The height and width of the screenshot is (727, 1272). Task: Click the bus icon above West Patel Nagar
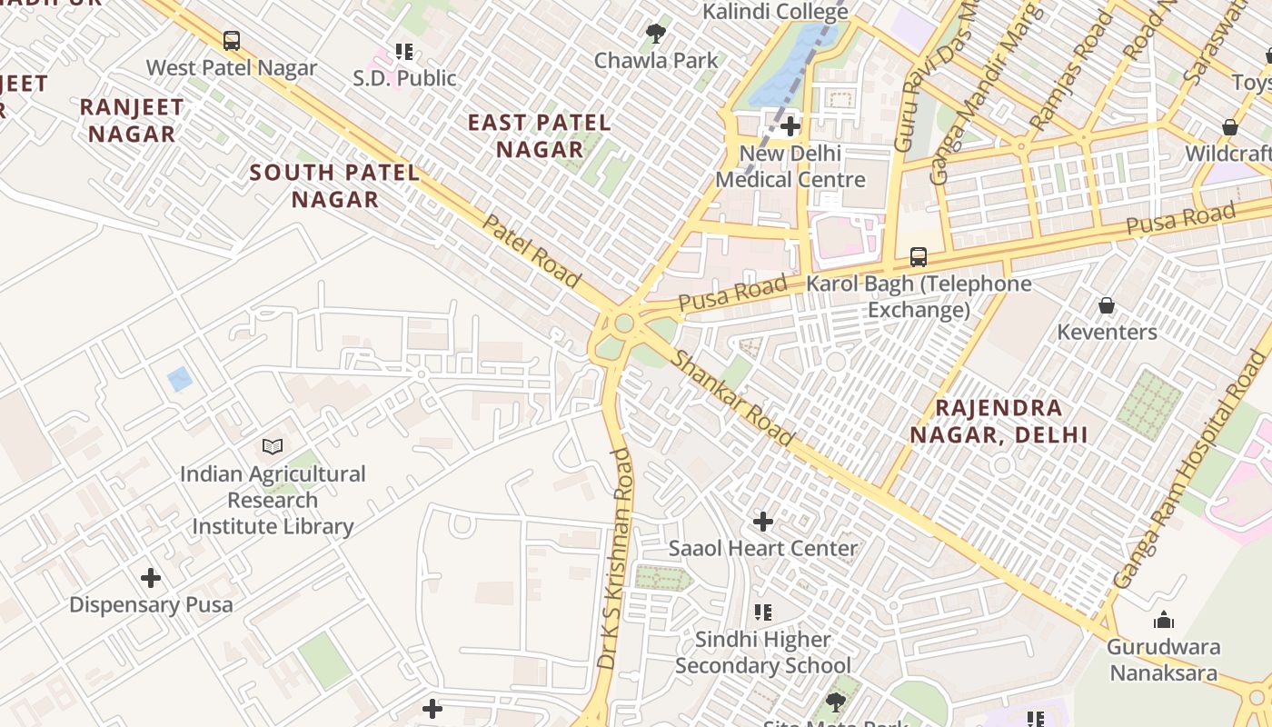click(x=232, y=41)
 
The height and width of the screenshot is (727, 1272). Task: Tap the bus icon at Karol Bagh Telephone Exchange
click(x=919, y=257)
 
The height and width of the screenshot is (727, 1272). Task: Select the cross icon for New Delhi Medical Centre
click(x=790, y=126)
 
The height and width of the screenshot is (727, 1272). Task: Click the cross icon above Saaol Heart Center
click(x=763, y=522)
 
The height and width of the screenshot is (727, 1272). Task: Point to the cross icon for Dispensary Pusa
click(x=151, y=578)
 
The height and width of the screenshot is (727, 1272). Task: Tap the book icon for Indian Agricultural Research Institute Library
click(x=273, y=446)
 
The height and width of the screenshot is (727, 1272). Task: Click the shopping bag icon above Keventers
click(x=1107, y=305)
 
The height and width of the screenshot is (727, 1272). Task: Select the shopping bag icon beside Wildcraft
click(x=1230, y=127)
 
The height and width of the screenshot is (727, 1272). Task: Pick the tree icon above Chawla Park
click(x=655, y=35)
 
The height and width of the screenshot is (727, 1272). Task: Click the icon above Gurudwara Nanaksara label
click(x=1163, y=621)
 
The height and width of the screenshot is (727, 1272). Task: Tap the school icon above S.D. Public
click(x=404, y=52)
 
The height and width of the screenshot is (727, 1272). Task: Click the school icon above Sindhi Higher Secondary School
click(x=763, y=612)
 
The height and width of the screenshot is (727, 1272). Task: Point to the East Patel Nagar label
click(x=539, y=135)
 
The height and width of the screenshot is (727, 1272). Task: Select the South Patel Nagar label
click(x=334, y=185)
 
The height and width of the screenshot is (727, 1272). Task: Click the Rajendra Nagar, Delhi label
click(x=999, y=421)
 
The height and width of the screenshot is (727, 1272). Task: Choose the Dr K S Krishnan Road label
click(x=616, y=559)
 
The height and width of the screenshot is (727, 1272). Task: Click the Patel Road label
click(x=531, y=252)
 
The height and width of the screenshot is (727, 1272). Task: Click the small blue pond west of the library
click(x=180, y=379)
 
